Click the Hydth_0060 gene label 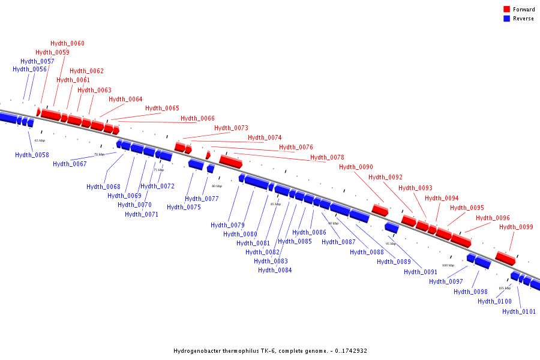point(67,43)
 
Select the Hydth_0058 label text point(32,155)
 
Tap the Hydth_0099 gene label point(516,227)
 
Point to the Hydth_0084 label point(275,270)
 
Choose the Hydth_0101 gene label point(519,311)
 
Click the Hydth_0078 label point(327,157)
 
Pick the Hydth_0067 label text point(70,164)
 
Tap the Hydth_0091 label point(421,272)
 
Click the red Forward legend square point(507,10)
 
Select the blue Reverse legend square point(507,19)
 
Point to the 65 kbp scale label point(40,140)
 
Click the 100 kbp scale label point(448,265)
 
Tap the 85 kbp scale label point(275,204)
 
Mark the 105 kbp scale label point(505,288)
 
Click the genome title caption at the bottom point(270,351)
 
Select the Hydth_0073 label point(231,128)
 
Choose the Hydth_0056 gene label point(29,69)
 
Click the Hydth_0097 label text point(446,281)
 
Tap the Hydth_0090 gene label point(356,167)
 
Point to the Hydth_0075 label point(184,207)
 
